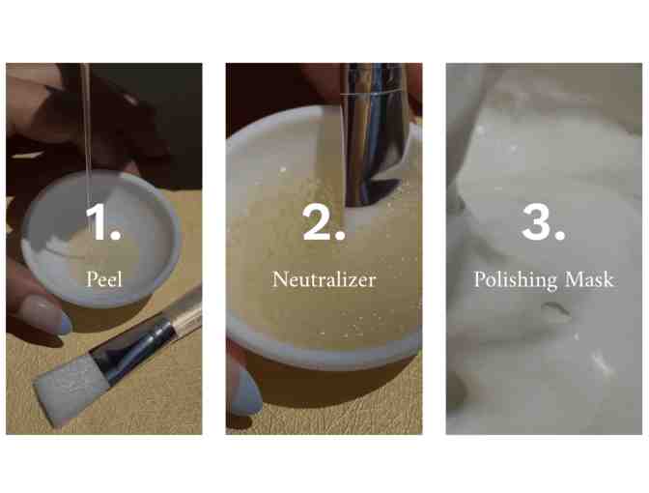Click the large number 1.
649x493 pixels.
(97, 221)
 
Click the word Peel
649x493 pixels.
(104, 278)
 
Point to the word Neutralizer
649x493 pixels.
(324, 278)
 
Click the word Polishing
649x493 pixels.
(516, 279)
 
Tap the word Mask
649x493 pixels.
(589, 278)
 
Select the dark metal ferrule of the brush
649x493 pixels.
(131, 349)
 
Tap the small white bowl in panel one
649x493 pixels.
(101, 239)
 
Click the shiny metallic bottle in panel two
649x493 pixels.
(373, 132)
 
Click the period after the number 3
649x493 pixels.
(560, 235)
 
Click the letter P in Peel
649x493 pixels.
(91, 278)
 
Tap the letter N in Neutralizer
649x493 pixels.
(280, 278)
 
